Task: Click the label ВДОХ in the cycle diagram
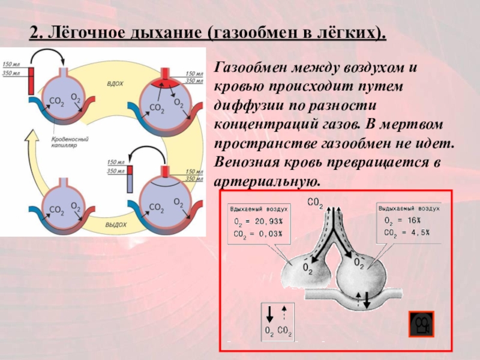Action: pyautogui.click(x=115, y=85)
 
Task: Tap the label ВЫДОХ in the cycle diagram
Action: pyautogui.click(x=115, y=224)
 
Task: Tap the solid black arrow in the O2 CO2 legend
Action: pyautogui.click(x=269, y=313)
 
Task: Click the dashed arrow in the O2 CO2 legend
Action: pyautogui.click(x=284, y=313)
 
